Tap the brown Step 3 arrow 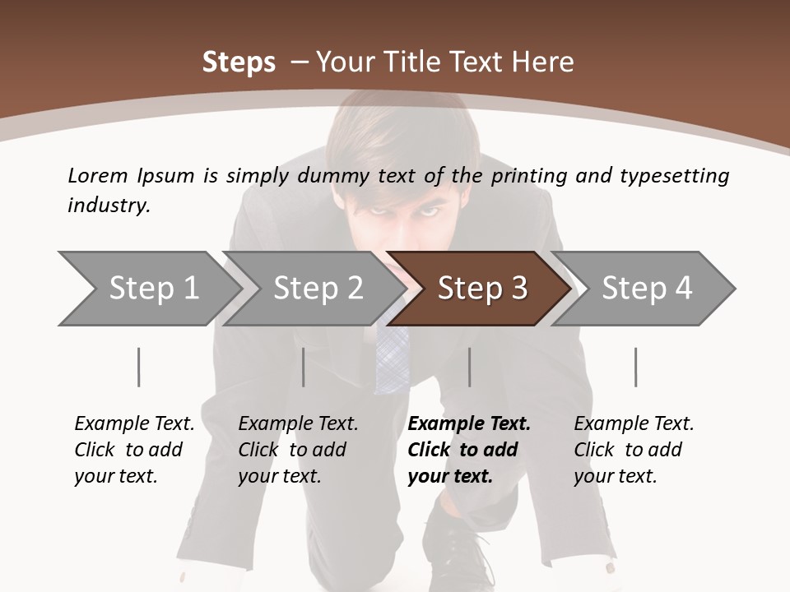[482, 288]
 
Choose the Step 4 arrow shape [647, 288]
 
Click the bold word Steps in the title [239, 62]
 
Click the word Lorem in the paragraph [98, 175]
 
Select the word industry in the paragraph [108, 205]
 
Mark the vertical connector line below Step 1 [139, 367]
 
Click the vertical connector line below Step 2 [304, 367]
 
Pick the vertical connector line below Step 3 [470, 367]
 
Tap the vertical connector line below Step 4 [636, 367]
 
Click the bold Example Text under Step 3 [469, 423]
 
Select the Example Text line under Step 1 [134, 423]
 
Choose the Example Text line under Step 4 [634, 423]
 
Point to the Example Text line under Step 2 [298, 423]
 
